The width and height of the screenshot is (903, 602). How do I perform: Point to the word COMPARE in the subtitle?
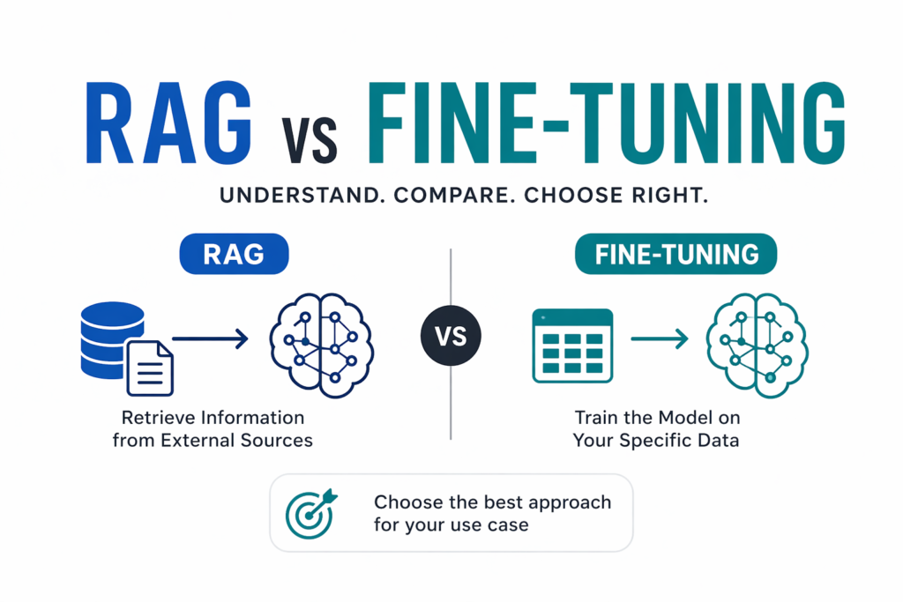pyautogui.click(x=459, y=196)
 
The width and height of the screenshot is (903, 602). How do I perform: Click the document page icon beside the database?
pyautogui.click(x=150, y=368)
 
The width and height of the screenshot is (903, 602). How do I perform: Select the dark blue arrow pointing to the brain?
pyautogui.click(x=211, y=338)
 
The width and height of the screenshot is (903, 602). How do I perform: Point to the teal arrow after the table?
pyautogui.click(x=659, y=338)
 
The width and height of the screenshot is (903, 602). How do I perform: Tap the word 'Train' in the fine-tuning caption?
pyautogui.click(x=597, y=417)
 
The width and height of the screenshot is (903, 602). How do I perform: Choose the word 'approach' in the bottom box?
pyautogui.click(x=567, y=502)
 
